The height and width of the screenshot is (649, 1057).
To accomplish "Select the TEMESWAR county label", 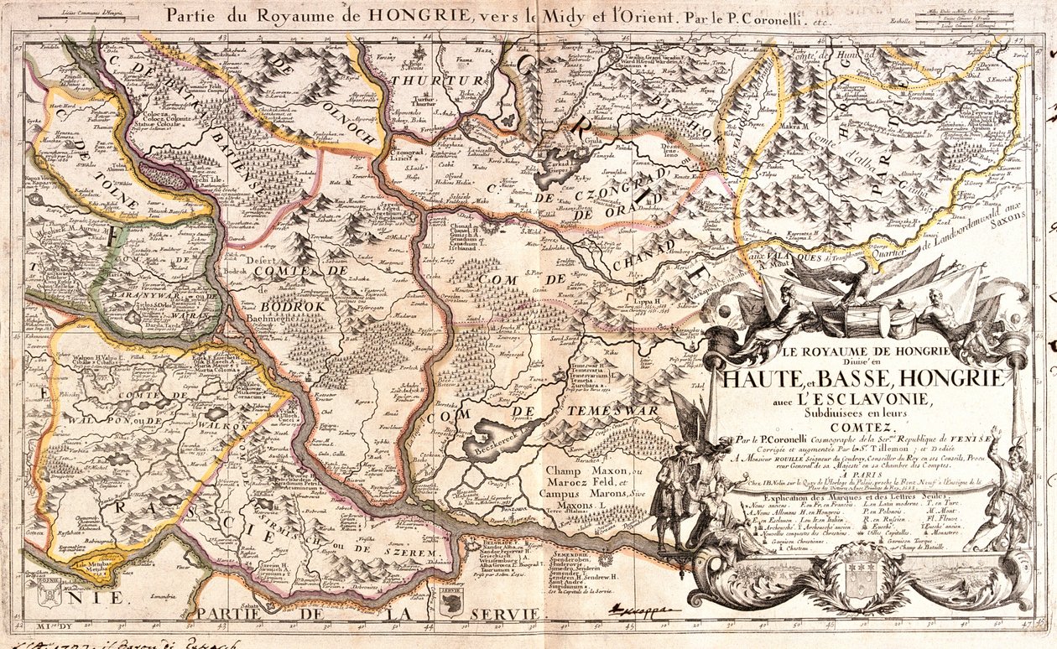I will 601,410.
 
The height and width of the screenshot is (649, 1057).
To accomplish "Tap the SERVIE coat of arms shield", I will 451,603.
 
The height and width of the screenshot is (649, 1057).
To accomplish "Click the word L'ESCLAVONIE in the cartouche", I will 865,399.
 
